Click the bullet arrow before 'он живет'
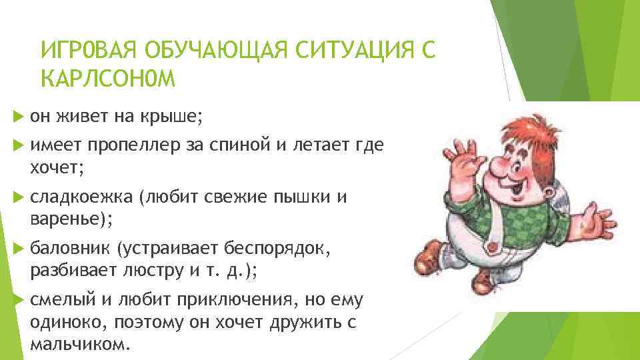17,117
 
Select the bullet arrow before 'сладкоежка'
17,197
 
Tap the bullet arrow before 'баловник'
17,248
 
